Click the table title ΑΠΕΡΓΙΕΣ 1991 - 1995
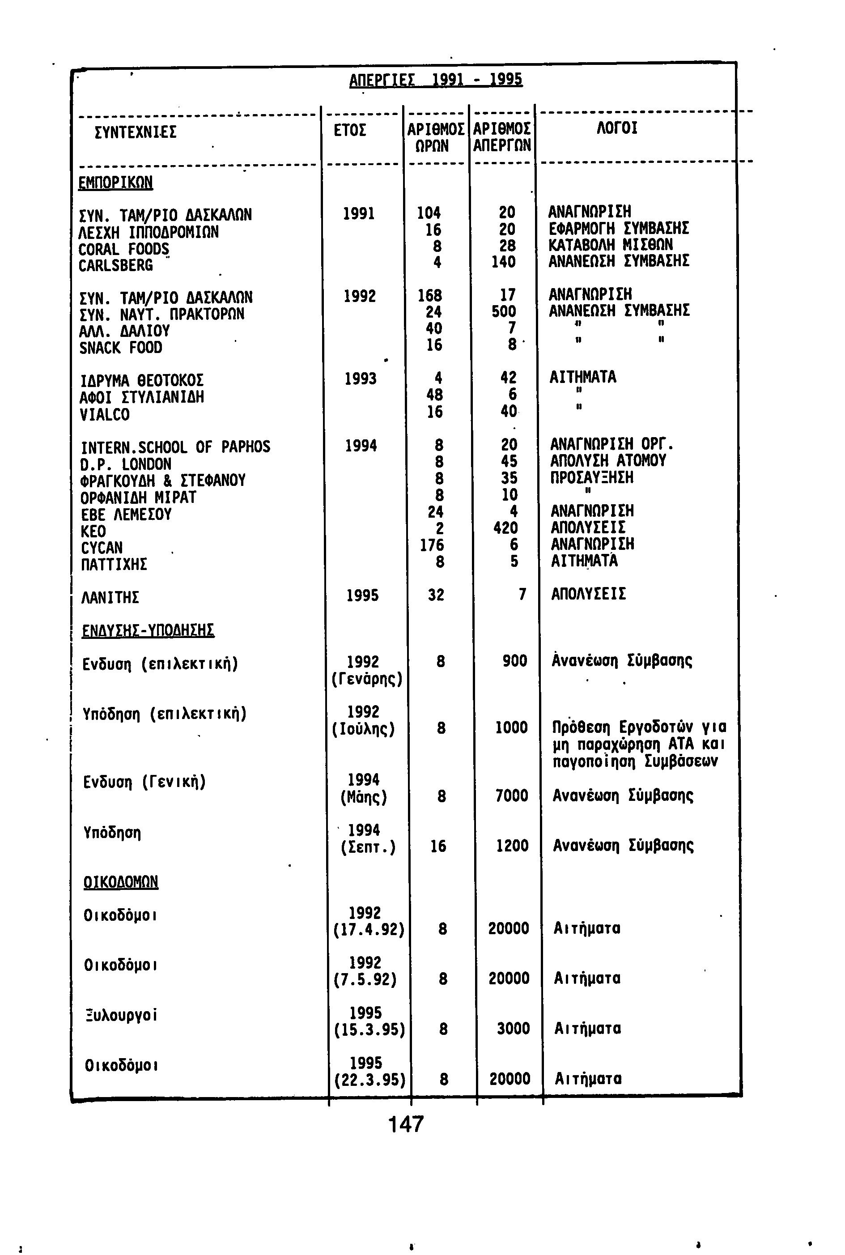[x=435, y=81]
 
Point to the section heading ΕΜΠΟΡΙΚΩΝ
[x=115, y=183]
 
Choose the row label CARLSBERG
[x=115, y=266]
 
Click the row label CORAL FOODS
[x=123, y=249]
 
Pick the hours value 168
[x=429, y=295]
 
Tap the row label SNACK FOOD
[x=120, y=348]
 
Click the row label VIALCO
[x=105, y=414]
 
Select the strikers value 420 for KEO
[x=505, y=528]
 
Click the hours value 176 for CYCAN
[x=432, y=545]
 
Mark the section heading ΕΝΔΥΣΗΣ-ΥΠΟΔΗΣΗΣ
[x=148, y=630]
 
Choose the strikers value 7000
[x=511, y=796]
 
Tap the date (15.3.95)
[x=369, y=1030]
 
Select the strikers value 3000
[x=513, y=1029]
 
